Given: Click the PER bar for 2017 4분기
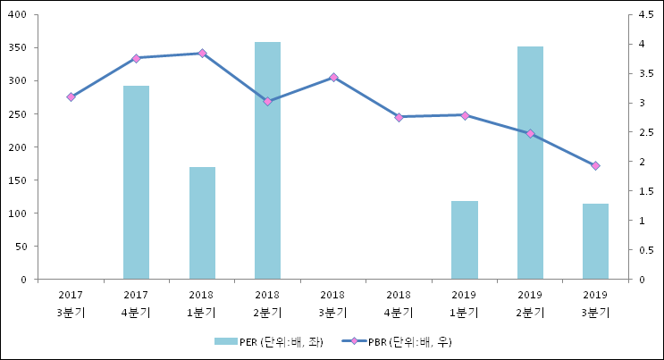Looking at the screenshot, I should coord(136,182).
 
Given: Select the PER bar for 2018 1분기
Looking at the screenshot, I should coord(202,223).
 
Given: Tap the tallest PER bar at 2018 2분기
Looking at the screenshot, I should coord(267,161).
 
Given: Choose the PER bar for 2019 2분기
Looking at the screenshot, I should coord(530,163).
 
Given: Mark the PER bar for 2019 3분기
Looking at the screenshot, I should coord(595,241).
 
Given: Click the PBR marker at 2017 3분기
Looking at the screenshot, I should coord(71,96).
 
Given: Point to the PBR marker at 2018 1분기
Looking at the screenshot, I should coord(202,54).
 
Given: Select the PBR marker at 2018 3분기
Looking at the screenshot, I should coord(333,78).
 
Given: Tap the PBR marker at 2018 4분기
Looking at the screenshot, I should coord(399,117).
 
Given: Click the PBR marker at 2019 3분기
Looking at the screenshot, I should coord(595,165).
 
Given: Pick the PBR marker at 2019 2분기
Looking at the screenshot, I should coord(530,133).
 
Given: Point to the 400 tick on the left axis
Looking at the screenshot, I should coord(17,15).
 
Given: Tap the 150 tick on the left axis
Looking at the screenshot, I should coord(17,180).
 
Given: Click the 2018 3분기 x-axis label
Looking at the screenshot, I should coord(332,303).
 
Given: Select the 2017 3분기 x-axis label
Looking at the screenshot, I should coord(71,303).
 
